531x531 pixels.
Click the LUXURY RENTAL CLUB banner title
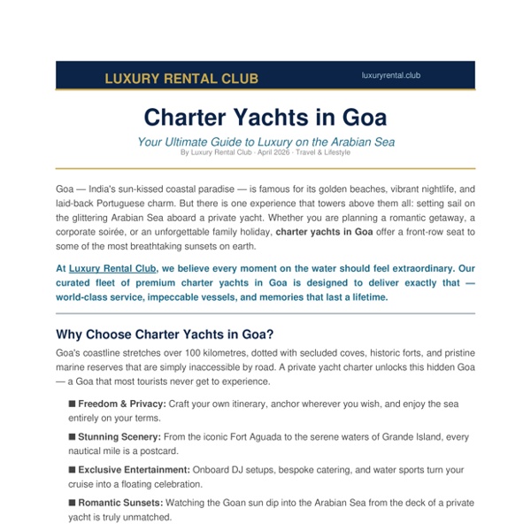coord(181,79)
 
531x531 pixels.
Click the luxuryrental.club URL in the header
coord(391,76)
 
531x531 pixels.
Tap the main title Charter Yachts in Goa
coord(265,118)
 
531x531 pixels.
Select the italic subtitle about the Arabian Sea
coord(265,141)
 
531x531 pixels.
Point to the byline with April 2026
coord(265,152)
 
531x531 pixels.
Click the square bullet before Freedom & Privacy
coord(73,404)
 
